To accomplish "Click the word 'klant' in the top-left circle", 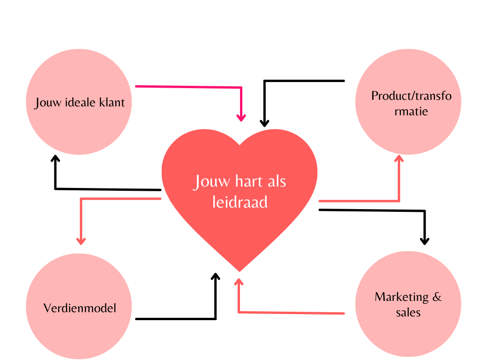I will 112,102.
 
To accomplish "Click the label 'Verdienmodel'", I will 80,308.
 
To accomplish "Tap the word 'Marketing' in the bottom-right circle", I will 402,297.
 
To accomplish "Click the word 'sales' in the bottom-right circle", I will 408,313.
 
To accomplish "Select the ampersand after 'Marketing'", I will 437,297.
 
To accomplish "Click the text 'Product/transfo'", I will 412,96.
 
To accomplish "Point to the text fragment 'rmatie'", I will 411,112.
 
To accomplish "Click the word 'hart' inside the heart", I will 240,181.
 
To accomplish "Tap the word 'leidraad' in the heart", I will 240,202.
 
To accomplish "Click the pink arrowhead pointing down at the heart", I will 241,117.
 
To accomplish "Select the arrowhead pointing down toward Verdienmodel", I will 81,240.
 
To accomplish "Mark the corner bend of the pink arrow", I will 241,87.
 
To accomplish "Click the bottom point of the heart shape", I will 240,270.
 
